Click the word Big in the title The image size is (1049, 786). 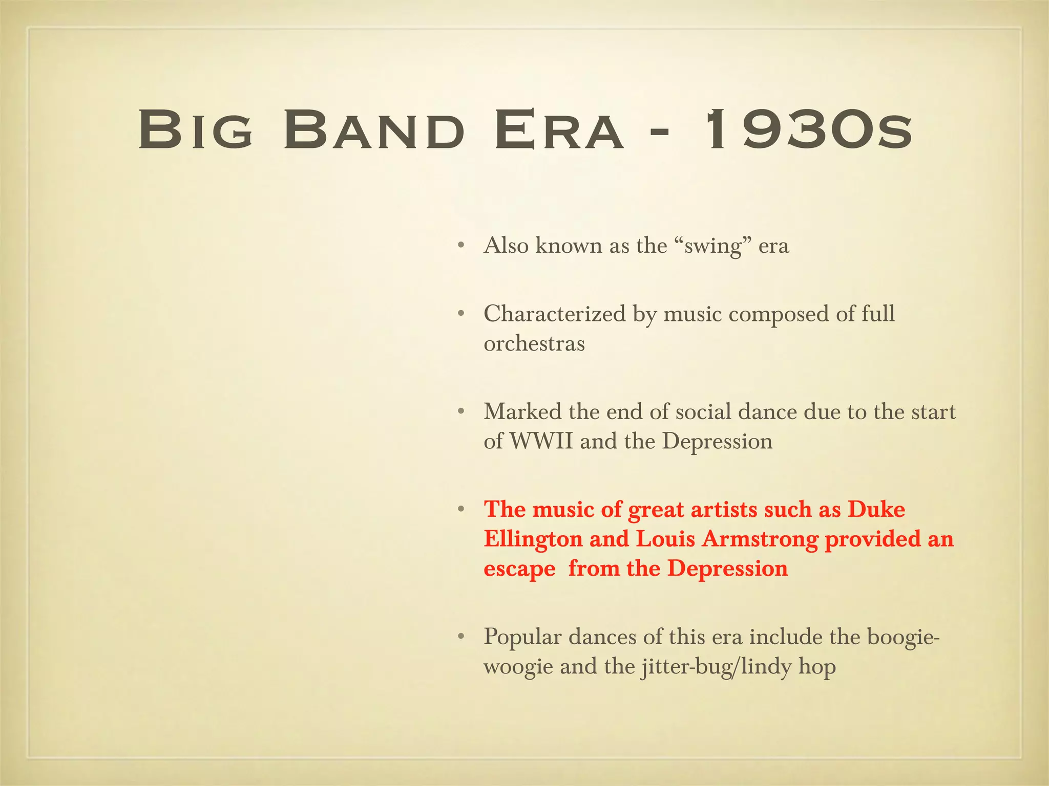[195, 130]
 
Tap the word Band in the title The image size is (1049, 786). [374, 130]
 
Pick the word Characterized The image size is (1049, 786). [555, 314]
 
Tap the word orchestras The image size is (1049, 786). [534, 343]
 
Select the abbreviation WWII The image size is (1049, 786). [541, 441]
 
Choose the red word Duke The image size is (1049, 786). [876, 509]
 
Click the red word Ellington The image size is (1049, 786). [533, 539]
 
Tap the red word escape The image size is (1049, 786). [519, 569]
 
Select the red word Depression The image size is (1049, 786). [727, 569]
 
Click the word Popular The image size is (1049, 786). [522, 637]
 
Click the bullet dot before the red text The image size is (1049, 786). [461, 510]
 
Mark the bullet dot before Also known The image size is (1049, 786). [461, 246]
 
